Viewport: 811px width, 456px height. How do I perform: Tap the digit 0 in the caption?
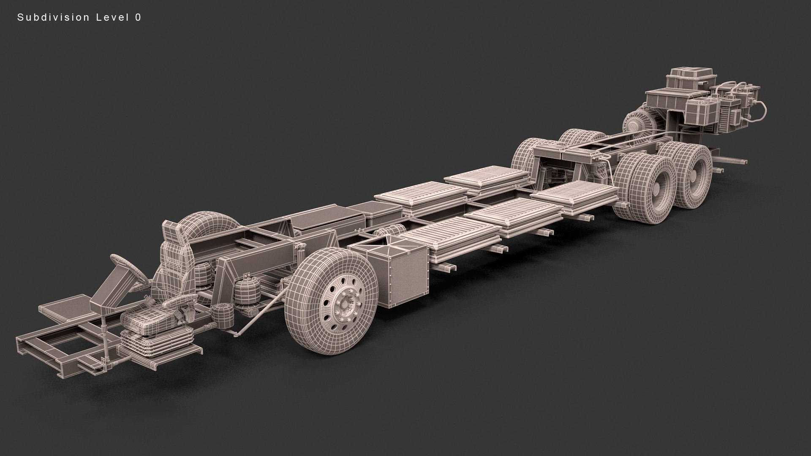(x=138, y=17)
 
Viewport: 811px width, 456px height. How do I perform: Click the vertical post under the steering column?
(x=103, y=334)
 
